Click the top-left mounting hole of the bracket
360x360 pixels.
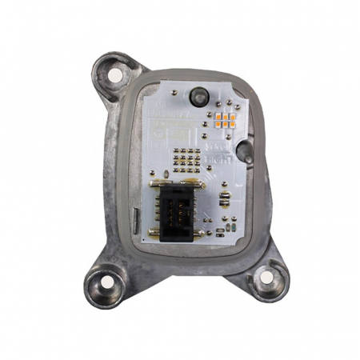pos(115,75)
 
